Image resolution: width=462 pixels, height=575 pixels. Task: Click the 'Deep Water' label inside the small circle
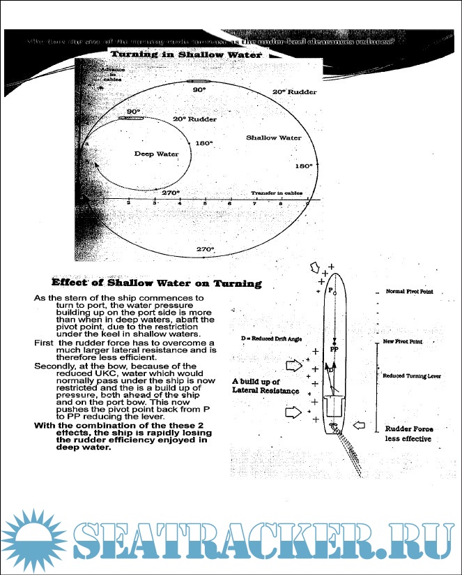click(x=156, y=154)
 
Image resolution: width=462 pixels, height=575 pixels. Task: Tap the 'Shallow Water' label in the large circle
click(x=274, y=138)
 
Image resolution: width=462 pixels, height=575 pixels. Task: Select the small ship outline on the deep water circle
click(x=132, y=119)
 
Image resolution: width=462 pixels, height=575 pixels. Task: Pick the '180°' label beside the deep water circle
click(x=204, y=143)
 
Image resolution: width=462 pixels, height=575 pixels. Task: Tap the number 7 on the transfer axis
click(x=256, y=203)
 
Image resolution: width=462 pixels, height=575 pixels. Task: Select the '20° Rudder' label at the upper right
click(x=294, y=92)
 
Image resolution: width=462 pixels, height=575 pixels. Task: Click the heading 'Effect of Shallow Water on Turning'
click(x=157, y=283)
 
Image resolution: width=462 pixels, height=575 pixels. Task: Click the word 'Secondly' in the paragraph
click(x=53, y=365)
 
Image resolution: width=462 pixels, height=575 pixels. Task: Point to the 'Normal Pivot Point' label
click(x=409, y=292)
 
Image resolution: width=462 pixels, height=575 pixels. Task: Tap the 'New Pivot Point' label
click(x=403, y=342)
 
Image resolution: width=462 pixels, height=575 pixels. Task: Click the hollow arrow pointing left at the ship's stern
click(x=363, y=424)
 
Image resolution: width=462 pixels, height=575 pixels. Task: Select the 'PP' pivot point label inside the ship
click(x=334, y=348)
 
